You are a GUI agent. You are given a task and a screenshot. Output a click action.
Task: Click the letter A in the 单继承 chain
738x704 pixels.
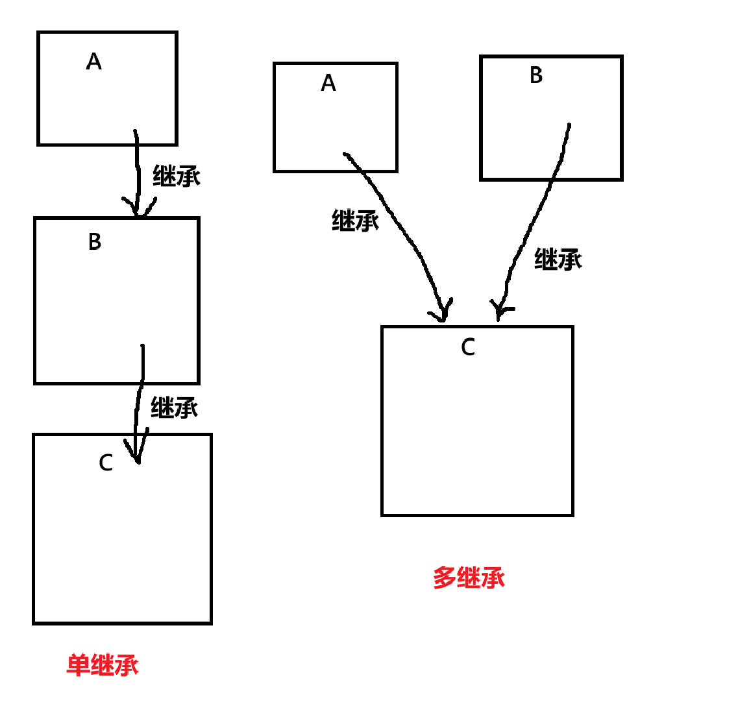[94, 62]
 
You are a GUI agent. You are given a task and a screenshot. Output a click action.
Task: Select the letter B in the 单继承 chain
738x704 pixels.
[95, 242]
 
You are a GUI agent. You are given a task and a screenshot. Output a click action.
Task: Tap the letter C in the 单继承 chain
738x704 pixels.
[106, 463]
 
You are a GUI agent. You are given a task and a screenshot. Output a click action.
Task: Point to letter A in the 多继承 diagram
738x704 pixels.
[328, 83]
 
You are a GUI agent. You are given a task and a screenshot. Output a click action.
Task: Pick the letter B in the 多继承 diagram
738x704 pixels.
[536, 75]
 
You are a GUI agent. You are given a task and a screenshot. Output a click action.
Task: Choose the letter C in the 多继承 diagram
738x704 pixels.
[468, 347]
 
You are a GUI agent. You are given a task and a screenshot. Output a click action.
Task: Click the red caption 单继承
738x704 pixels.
[103, 665]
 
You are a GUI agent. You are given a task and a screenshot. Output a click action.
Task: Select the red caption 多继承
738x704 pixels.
[469, 577]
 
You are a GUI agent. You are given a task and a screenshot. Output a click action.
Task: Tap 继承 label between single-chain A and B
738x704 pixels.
[177, 176]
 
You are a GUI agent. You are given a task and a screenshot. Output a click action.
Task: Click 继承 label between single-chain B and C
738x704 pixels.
[175, 407]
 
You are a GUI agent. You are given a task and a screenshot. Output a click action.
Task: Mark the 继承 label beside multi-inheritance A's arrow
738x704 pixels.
[356, 221]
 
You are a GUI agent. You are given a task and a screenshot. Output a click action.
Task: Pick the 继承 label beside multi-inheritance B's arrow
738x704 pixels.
[558, 259]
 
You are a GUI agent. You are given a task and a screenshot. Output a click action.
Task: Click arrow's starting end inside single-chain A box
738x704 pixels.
[136, 132]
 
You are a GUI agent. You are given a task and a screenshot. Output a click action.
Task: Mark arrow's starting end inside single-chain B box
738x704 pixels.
[142, 347]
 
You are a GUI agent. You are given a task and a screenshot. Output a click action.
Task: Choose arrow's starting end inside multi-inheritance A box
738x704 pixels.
[345, 154]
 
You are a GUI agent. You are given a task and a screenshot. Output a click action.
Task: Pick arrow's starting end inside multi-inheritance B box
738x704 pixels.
[569, 125]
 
